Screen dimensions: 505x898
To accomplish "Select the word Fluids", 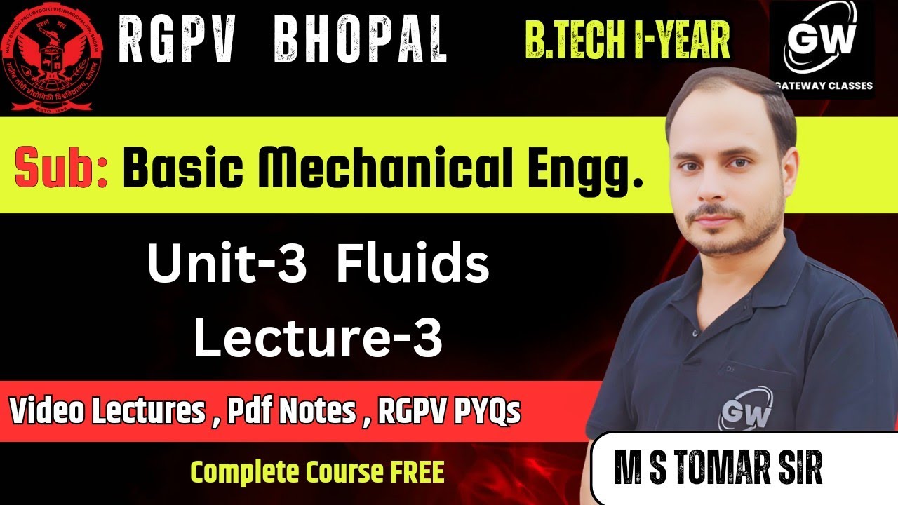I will click(413, 267).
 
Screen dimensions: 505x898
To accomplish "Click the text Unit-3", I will click(227, 267).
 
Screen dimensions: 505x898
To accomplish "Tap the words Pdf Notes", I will click(292, 412).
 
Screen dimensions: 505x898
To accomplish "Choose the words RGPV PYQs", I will click(449, 412).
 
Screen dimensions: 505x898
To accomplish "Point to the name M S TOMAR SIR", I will click(718, 470).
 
